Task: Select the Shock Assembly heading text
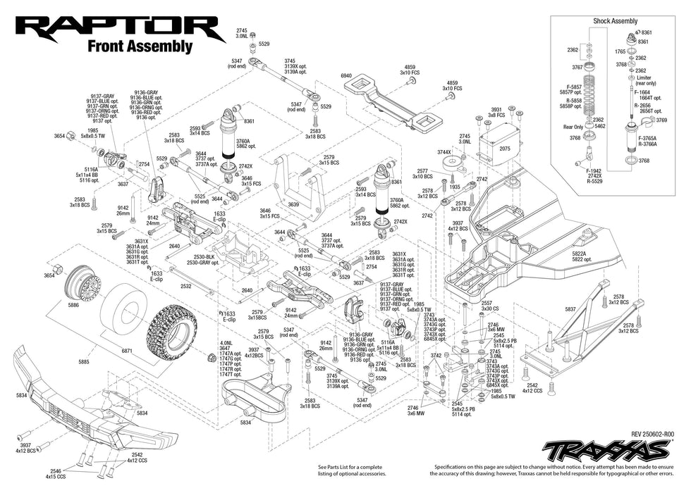pyautogui.click(x=615, y=21)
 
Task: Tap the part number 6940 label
pyautogui.click(x=345, y=75)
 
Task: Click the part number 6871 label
pyautogui.click(x=127, y=350)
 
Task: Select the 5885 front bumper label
pyautogui.click(x=84, y=362)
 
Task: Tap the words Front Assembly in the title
pyautogui.click(x=140, y=46)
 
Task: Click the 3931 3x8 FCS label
pyautogui.click(x=496, y=112)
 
